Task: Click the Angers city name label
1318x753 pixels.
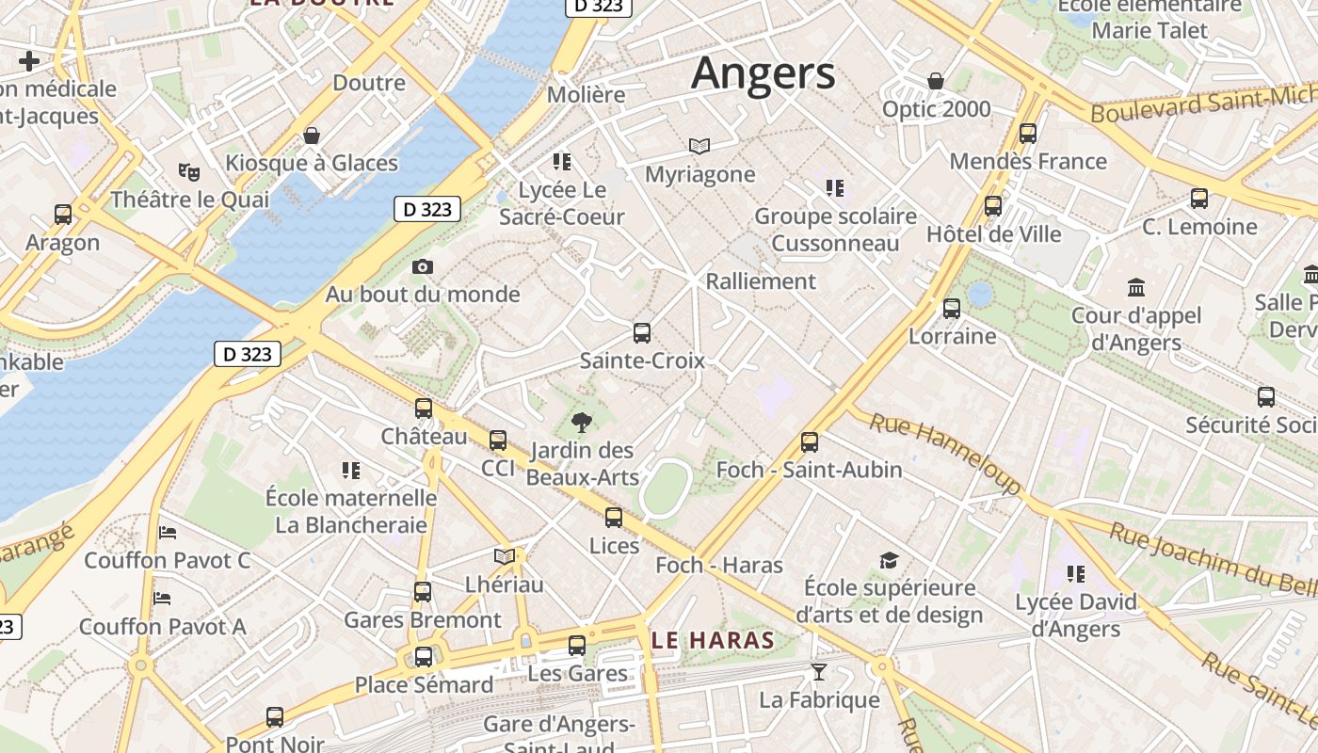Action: [x=763, y=73]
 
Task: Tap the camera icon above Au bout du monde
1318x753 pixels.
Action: [x=423, y=267]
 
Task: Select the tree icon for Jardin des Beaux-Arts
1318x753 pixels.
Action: [x=582, y=423]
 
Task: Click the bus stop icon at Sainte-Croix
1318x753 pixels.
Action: [x=642, y=332]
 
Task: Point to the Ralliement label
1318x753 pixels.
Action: [x=761, y=280]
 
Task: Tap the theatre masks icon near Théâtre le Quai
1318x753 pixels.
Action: [x=189, y=171]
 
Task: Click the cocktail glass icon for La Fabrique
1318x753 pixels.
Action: [x=819, y=672]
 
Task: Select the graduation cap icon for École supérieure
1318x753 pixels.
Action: [x=889, y=561]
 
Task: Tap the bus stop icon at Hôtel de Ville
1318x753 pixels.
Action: [x=993, y=206]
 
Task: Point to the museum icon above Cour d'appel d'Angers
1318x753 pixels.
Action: [x=1136, y=287]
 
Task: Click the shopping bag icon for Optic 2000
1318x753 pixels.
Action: [x=936, y=81]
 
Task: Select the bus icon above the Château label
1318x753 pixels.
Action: [x=424, y=409]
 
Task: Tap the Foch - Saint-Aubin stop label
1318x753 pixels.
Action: [x=809, y=470]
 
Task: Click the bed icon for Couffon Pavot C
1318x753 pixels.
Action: [x=168, y=533]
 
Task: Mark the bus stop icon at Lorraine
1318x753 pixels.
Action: [x=952, y=308]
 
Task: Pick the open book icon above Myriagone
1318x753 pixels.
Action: [x=699, y=146]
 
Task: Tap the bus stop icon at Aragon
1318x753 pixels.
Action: [x=63, y=215]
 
